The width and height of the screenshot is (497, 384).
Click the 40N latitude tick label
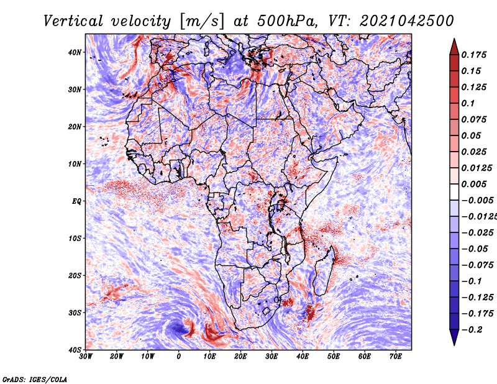(x=75, y=52)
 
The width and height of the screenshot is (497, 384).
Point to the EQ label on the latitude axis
(x=76, y=201)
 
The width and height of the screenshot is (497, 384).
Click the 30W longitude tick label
(x=86, y=357)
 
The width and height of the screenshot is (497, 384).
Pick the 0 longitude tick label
(x=179, y=357)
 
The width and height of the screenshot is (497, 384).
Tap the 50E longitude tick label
(x=334, y=357)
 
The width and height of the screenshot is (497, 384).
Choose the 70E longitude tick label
(x=396, y=357)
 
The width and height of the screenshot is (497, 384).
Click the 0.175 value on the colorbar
(x=474, y=55)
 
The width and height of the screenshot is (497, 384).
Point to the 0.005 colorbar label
(x=474, y=184)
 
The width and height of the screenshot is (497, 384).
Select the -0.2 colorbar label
(x=472, y=330)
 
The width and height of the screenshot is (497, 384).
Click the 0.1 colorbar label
(x=468, y=103)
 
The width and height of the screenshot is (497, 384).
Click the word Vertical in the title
(x=73, y=21)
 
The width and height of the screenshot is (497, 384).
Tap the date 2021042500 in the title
(x=407, y=21)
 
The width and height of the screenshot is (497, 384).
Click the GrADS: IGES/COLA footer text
(x=35, y=380)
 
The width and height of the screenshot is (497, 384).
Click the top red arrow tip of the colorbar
(x=454, y=39)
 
